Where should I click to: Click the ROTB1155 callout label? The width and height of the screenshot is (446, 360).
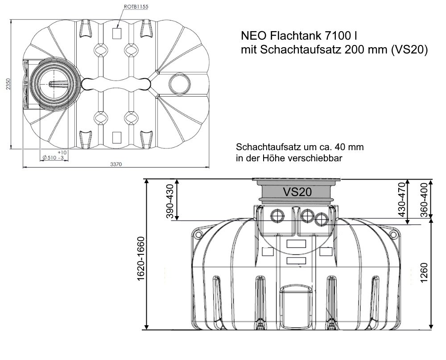click(x=136, y=7)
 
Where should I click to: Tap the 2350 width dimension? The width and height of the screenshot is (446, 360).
click(x=8, y=84)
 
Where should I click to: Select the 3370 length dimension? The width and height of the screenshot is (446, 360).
click(x=116, y=164)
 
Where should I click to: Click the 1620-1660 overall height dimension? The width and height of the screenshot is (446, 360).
click(x=141, y=258)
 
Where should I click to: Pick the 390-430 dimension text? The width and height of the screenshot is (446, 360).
click(x=170, y=201)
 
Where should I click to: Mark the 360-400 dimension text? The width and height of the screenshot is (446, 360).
click(x=424, y=200)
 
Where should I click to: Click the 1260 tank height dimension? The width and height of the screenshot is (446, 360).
click(x=424, y=273)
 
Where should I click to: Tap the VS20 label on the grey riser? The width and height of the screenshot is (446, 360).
click(x=297, y=192)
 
